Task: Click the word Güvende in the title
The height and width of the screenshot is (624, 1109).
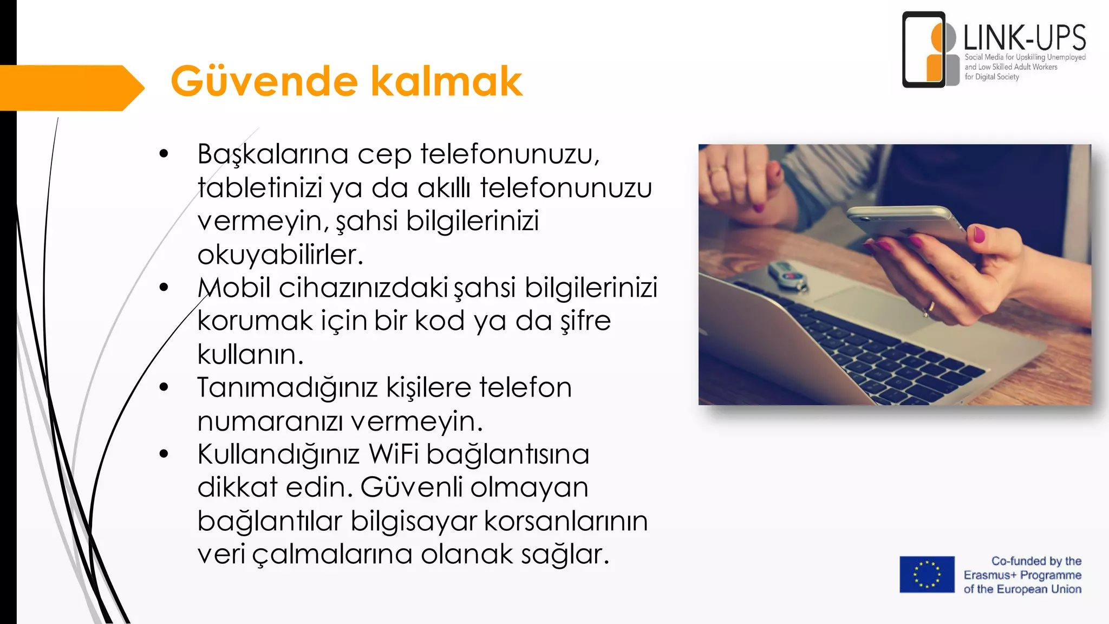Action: coord(264,81)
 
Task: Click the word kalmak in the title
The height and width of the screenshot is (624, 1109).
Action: coord(447,81)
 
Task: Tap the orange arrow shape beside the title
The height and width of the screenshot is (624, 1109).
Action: coord(70,88)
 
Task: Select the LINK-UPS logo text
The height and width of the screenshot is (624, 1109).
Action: coord(1024,38)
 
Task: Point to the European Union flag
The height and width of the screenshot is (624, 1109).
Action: coord(927,574)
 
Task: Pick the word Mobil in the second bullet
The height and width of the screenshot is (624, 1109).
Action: coord(234,288)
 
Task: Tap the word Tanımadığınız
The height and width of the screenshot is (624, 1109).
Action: coord(287,388)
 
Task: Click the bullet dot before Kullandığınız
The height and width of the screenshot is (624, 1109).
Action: coord(164,454)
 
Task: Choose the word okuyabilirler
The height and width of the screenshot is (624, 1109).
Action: coord(279,255)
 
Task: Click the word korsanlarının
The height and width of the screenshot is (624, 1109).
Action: coord(565,521)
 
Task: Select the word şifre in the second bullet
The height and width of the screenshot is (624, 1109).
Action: coord(585,321)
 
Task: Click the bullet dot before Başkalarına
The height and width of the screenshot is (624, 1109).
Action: coord(164,154)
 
